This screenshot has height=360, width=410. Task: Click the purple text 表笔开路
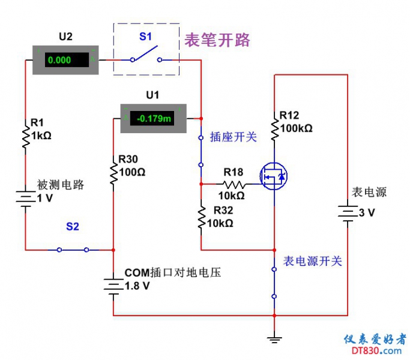coord(217,41)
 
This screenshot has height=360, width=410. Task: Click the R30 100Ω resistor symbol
coord(113,172)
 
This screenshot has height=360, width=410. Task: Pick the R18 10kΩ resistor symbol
coord(233,184)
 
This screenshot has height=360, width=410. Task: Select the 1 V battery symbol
coord(26,199)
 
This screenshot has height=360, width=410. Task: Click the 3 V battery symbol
coord(347,212)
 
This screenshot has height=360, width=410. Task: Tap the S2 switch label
coord(73,227)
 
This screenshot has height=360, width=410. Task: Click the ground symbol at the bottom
coord(274,340)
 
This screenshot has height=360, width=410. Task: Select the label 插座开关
coord(233,137)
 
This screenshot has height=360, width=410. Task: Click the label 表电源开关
coord(312,262)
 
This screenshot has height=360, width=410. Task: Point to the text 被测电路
coord(61,185)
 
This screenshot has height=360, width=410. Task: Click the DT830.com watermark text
coord(376,350)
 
